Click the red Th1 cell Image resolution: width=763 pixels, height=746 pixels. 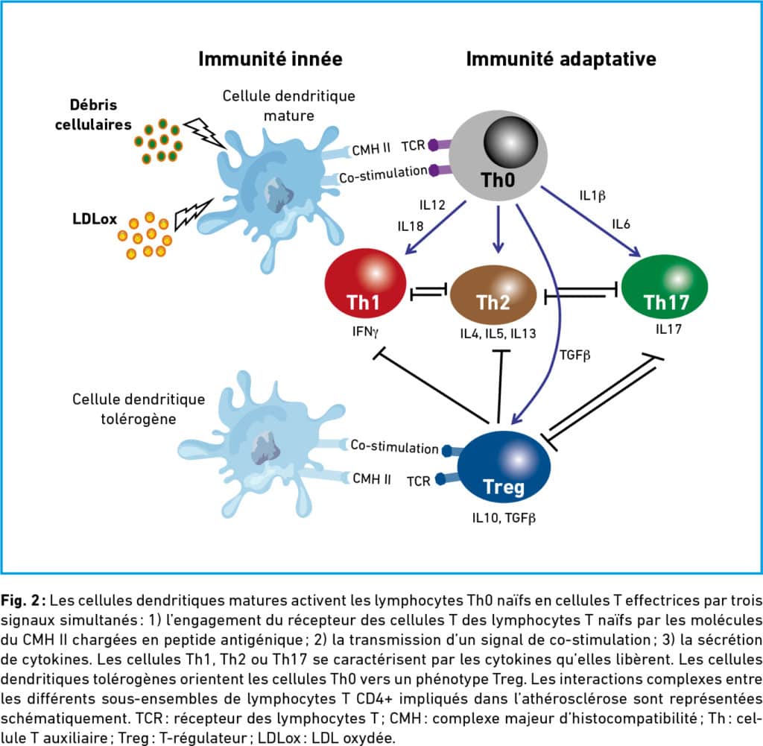[x=365, y=283]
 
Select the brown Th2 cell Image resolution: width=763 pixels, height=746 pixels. [x=493, y=295]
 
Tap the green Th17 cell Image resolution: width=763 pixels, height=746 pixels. [x=664, y=286]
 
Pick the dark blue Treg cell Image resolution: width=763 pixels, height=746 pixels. [x=504, y=467]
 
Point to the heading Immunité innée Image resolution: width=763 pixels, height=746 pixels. [x=270, y=59]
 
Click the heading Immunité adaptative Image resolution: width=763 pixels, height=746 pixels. [x=561, y=59]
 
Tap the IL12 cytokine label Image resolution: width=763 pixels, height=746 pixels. [x=432, y=205]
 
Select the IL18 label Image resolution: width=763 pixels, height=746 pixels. [x=411, y=227]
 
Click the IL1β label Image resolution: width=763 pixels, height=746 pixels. [x=592, y=196]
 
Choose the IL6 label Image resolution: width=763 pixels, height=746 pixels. [x=621, y=224]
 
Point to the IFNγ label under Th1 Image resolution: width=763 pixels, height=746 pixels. [x=365, y=332]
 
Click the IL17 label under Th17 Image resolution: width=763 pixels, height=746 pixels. [x=668, y=329]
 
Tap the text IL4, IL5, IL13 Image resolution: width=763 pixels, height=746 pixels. [x=498, y=334]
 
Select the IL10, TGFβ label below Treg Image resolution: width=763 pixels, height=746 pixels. [x=504, y=518]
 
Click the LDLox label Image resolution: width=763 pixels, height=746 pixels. [x=95, y=219]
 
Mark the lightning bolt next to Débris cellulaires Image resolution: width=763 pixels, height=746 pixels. [x=204, y=133]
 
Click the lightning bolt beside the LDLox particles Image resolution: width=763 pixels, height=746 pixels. [x=193, y=214]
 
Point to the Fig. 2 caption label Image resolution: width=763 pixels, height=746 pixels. [x=22, y=601]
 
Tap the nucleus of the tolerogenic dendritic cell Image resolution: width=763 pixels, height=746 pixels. [x=266, y=449]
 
